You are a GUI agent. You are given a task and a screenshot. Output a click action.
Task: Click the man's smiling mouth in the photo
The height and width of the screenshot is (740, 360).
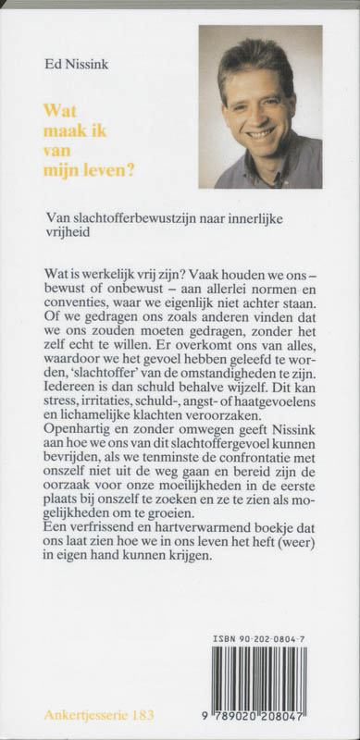pyautogui.click(x=261, y=132)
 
